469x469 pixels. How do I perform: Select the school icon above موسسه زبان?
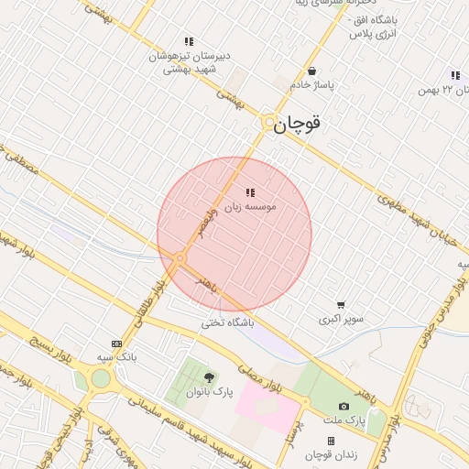tap(250, 192)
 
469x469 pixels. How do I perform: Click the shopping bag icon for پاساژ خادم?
tap(312, 71)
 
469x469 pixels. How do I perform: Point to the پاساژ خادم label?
tap(312, 84)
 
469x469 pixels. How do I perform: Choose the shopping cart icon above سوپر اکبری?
tap(341, 305)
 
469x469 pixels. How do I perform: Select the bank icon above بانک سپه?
tap(115, 344)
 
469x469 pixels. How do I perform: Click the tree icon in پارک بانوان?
tap(210, 376)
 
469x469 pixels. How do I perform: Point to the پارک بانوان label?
tap(210, 391)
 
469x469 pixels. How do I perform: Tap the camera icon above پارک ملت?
tap(344, 406)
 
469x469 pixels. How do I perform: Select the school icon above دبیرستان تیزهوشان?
tap(189, 41)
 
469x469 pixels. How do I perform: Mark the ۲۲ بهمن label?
tap(437, 89)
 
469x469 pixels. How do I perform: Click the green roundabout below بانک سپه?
tap(100, 377)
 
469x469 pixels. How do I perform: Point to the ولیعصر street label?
tap(216, 220)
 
